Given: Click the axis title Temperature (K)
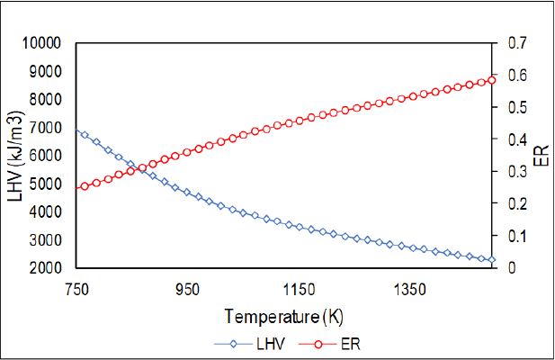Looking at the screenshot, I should pos(284,317).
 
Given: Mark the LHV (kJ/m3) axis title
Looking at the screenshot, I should pos(15,155).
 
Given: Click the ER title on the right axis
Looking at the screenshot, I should pos(541,155).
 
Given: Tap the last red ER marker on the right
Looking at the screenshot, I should pos(491,80).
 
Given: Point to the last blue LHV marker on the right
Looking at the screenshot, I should pos(491,260).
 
